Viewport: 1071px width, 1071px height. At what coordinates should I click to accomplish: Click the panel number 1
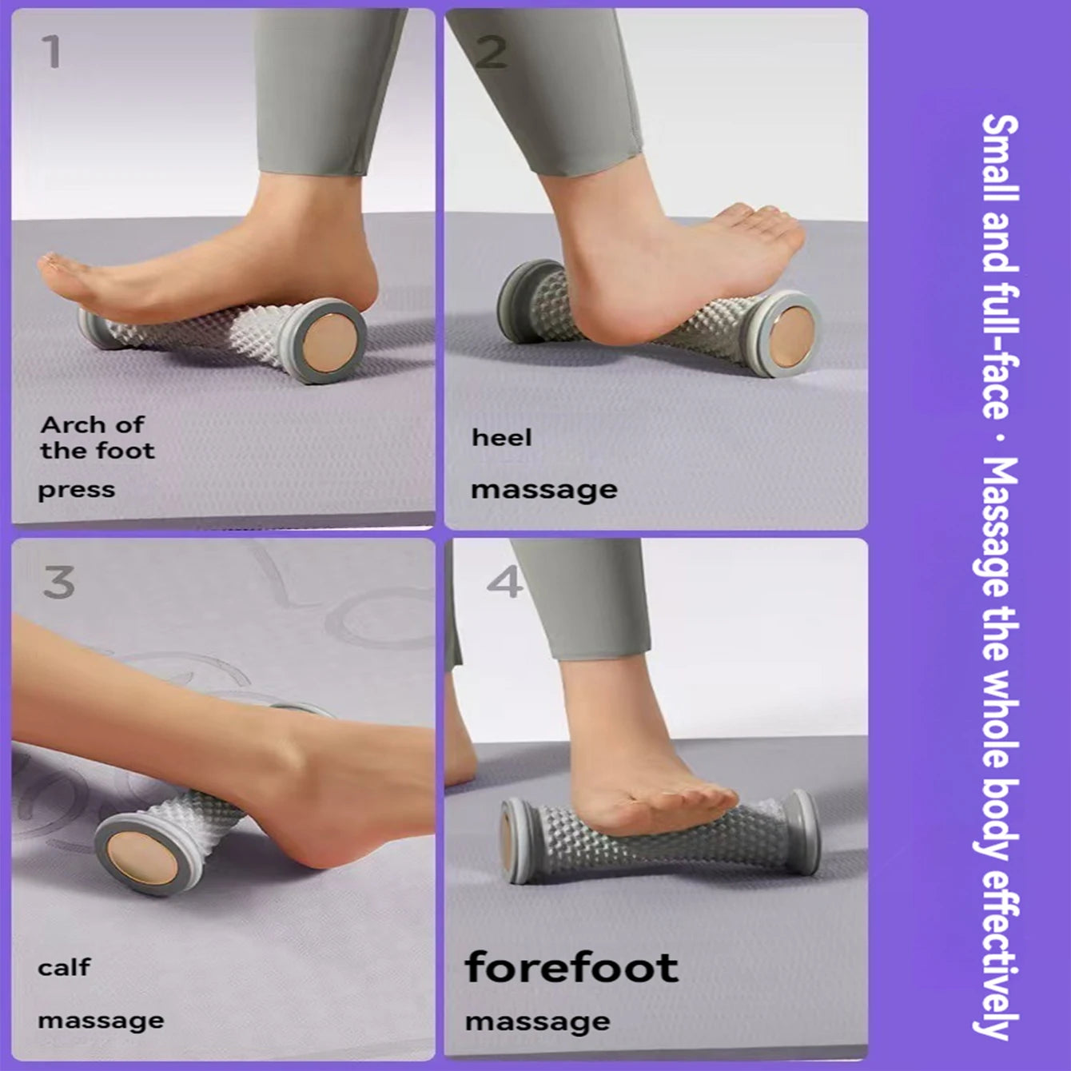pyautogui.click(x=51, y=52)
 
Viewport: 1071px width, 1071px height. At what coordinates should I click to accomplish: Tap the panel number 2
pyautogui.click(x=491, y=52)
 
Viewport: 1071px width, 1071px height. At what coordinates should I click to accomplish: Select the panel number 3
pyautogui.click(x=58, y=582)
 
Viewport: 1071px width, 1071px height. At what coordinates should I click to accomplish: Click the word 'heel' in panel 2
pyautogui.click(x=501, y=438)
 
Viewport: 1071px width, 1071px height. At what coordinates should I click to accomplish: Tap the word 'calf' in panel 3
pyautogui.click(x=64, y=968)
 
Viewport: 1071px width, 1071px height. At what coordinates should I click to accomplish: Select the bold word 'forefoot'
pyautogui.click(x=571, y=967)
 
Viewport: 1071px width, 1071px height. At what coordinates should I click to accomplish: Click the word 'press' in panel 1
pyautogui.click(x=77, y=490)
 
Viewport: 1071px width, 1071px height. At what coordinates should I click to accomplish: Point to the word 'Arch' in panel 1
pyautogui.click(x=73, y=424)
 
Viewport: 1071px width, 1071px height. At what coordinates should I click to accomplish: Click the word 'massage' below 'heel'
pyautogui.click(x=544, y=490)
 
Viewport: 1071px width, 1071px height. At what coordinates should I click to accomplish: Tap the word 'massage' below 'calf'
pyautogui.click(x=101, y=1021)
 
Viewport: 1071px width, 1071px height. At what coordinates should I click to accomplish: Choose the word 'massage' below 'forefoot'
pyautogui.click(x=538, y=1021)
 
